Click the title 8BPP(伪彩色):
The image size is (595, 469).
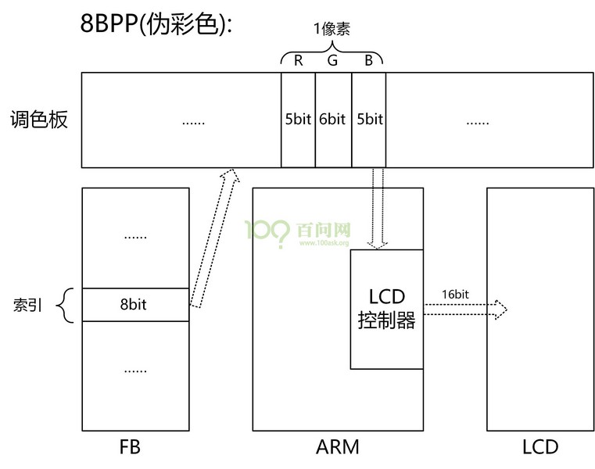pos(157,23)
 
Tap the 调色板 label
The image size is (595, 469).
pos(40,120)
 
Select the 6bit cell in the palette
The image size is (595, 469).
pos(333,120)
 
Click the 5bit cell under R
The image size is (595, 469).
pos(299,120)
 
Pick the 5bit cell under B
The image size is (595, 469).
pos(369,120)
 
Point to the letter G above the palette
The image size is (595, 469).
pos(333,61)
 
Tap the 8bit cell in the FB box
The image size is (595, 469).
pos(135,305)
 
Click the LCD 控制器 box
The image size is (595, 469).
pos(386,309)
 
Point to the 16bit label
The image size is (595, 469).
pos(455,295)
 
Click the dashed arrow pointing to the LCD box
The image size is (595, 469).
pos(466,310)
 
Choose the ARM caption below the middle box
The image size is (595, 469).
pos(338,447)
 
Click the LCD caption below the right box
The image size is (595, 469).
pos(540,447)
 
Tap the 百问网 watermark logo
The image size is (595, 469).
pos(298,231)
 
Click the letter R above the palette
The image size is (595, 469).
pos(299,61)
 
